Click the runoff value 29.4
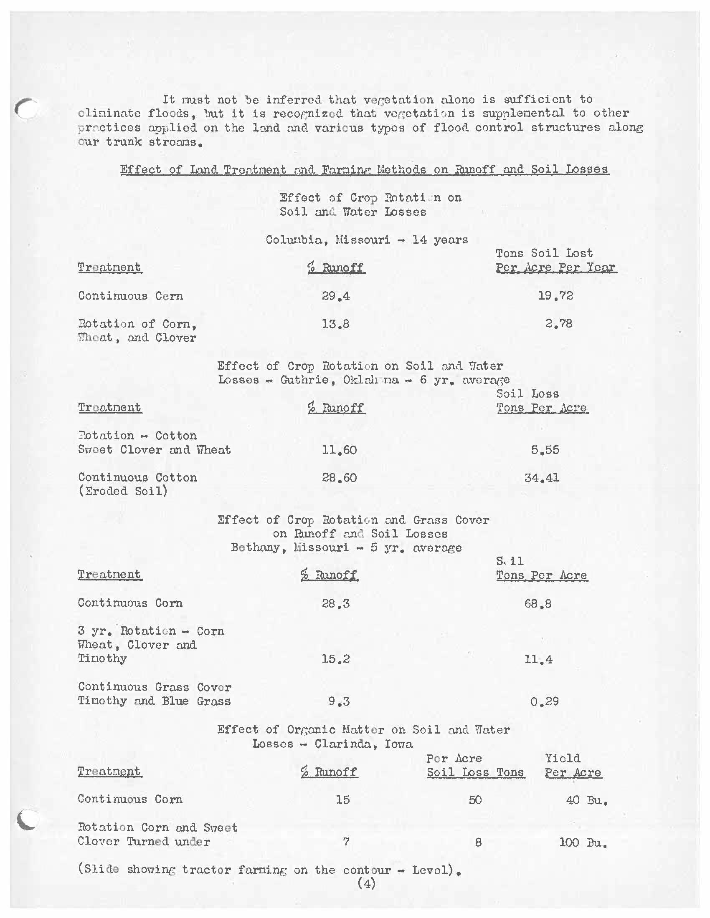pos(336,296)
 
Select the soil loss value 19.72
pos(555,296)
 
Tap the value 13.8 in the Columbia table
pos(336,324)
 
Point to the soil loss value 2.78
pos(558,324)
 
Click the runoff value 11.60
pos(339,450)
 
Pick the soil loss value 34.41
pos(541,478)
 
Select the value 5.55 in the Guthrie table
pos(545,450)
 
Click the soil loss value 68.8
pos(538,604)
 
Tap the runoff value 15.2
pos(336,659)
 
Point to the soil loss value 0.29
pos(544,701)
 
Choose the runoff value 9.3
pos(339,701)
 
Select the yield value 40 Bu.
pos(587,800)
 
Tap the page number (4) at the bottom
pos(366,883)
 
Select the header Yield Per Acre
pos(573,765)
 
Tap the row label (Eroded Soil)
pos(123,492)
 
